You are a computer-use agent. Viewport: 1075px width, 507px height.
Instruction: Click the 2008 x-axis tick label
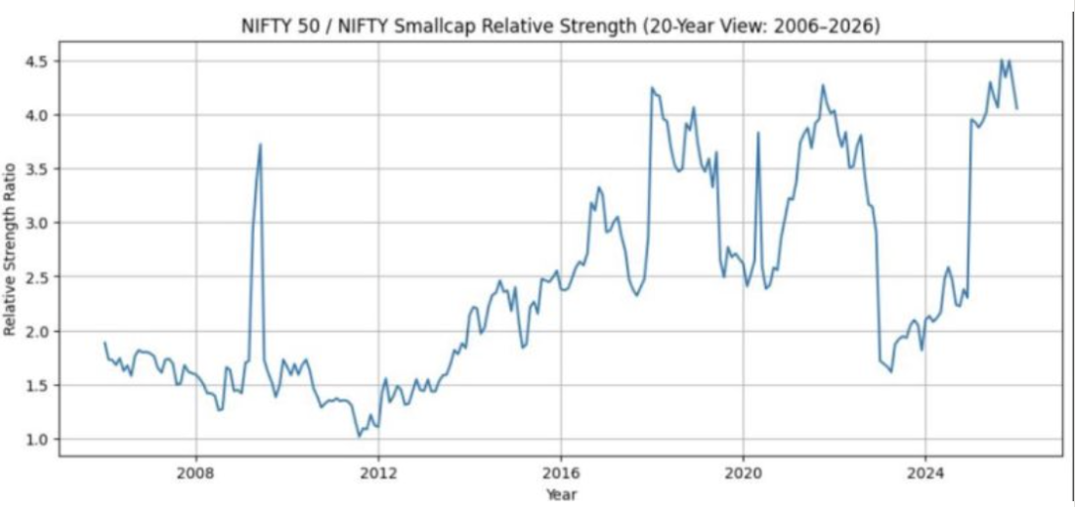195,474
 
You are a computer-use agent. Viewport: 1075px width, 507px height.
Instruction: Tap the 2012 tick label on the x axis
378,474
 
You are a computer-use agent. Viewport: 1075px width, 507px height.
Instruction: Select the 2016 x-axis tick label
560,474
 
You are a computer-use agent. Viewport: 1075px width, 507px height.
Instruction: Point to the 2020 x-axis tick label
743,474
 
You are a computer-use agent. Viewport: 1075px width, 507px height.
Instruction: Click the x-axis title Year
561,494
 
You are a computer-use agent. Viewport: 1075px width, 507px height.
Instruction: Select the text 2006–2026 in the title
829,26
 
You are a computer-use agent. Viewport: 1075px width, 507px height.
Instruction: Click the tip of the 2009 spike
260,145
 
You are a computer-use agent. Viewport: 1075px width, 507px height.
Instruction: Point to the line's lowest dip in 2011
359,436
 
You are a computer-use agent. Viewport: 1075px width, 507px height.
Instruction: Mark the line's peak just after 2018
652,88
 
